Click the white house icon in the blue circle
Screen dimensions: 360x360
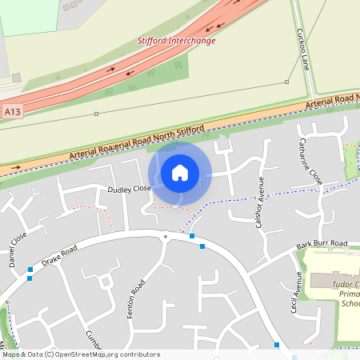(180, 172)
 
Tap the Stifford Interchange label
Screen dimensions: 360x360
(176, 40)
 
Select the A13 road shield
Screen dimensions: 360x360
(12, 113)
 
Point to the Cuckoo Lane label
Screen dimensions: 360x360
(302, 48)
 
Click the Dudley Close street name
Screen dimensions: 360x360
(129, 190)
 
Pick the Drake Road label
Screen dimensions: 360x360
(59, 258)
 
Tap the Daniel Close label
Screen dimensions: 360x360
(17, 248)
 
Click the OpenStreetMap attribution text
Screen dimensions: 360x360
(80, 354)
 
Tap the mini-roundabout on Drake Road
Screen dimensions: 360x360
(166, 236)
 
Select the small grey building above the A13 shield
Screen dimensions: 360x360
(16, 78)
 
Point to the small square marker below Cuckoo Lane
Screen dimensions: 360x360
(286, 82)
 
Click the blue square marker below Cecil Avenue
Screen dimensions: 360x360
(277, 345)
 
